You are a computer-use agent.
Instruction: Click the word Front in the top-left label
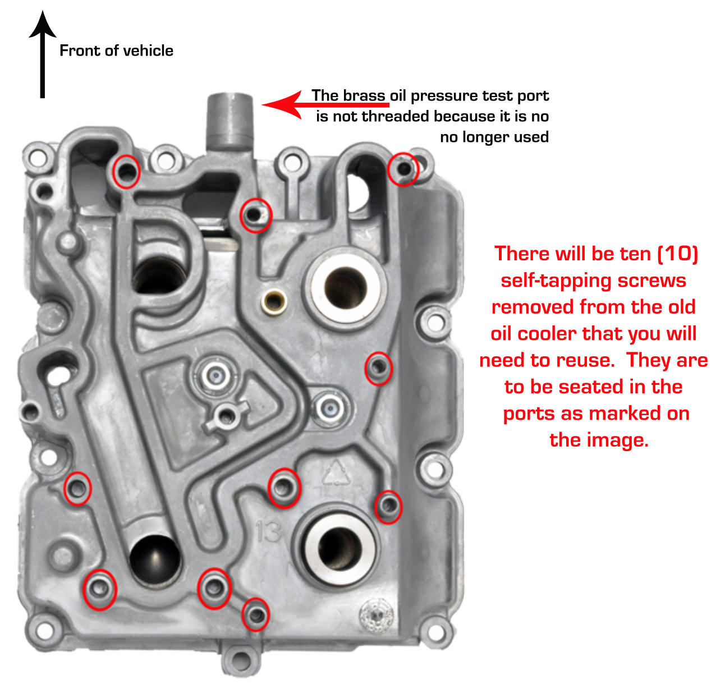(79, 51)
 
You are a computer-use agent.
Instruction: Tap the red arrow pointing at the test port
(292, 104)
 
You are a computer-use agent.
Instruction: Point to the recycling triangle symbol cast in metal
(336, 472)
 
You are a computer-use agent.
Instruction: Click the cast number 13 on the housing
(268, 531)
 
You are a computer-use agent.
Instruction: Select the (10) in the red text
(678, 254)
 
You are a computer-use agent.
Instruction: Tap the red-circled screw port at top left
(126, 171)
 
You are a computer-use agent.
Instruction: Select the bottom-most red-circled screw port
(255, 614)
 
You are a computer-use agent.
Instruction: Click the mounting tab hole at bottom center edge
(241, 660)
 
